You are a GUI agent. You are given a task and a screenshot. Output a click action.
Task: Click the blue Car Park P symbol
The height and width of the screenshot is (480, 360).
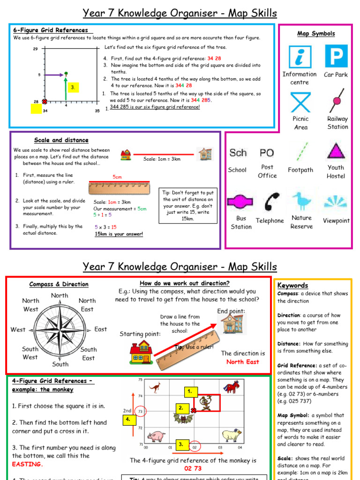click(x=336, y=56)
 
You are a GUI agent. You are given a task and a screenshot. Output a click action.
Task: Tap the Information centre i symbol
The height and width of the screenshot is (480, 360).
click(x=300, y=57)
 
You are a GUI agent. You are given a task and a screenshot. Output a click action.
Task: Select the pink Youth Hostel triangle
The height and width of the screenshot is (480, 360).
click(x=336, y=151)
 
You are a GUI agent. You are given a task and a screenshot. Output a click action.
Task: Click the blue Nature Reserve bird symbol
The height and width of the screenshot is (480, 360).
click(x=301, y=201)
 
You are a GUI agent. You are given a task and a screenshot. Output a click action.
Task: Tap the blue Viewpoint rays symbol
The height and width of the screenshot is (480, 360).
click(x=336, y=201)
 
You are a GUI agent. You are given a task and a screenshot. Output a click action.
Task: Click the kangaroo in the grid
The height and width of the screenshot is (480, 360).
click(x=154, y=387)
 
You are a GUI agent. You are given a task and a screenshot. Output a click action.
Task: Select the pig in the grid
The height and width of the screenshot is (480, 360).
click(x=156, y=436)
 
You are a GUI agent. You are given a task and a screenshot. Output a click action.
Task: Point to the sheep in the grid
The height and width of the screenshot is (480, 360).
click(x=231, y=435)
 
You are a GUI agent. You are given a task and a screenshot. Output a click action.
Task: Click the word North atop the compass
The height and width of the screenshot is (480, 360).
click(x=60, y=295)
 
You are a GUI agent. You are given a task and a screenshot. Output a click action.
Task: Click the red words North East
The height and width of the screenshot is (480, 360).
click(x=242, y=362)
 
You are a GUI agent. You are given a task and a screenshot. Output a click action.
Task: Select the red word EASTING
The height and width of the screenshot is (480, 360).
click(x=27, y=464)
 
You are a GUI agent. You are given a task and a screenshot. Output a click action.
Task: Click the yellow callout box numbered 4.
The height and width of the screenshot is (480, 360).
click(x=127, y=420)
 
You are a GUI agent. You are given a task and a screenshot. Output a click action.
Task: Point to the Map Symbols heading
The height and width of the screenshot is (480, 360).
click(x=316, y=33)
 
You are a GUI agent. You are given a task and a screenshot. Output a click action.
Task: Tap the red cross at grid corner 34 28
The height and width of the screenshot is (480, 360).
click(x=44, y=101)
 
